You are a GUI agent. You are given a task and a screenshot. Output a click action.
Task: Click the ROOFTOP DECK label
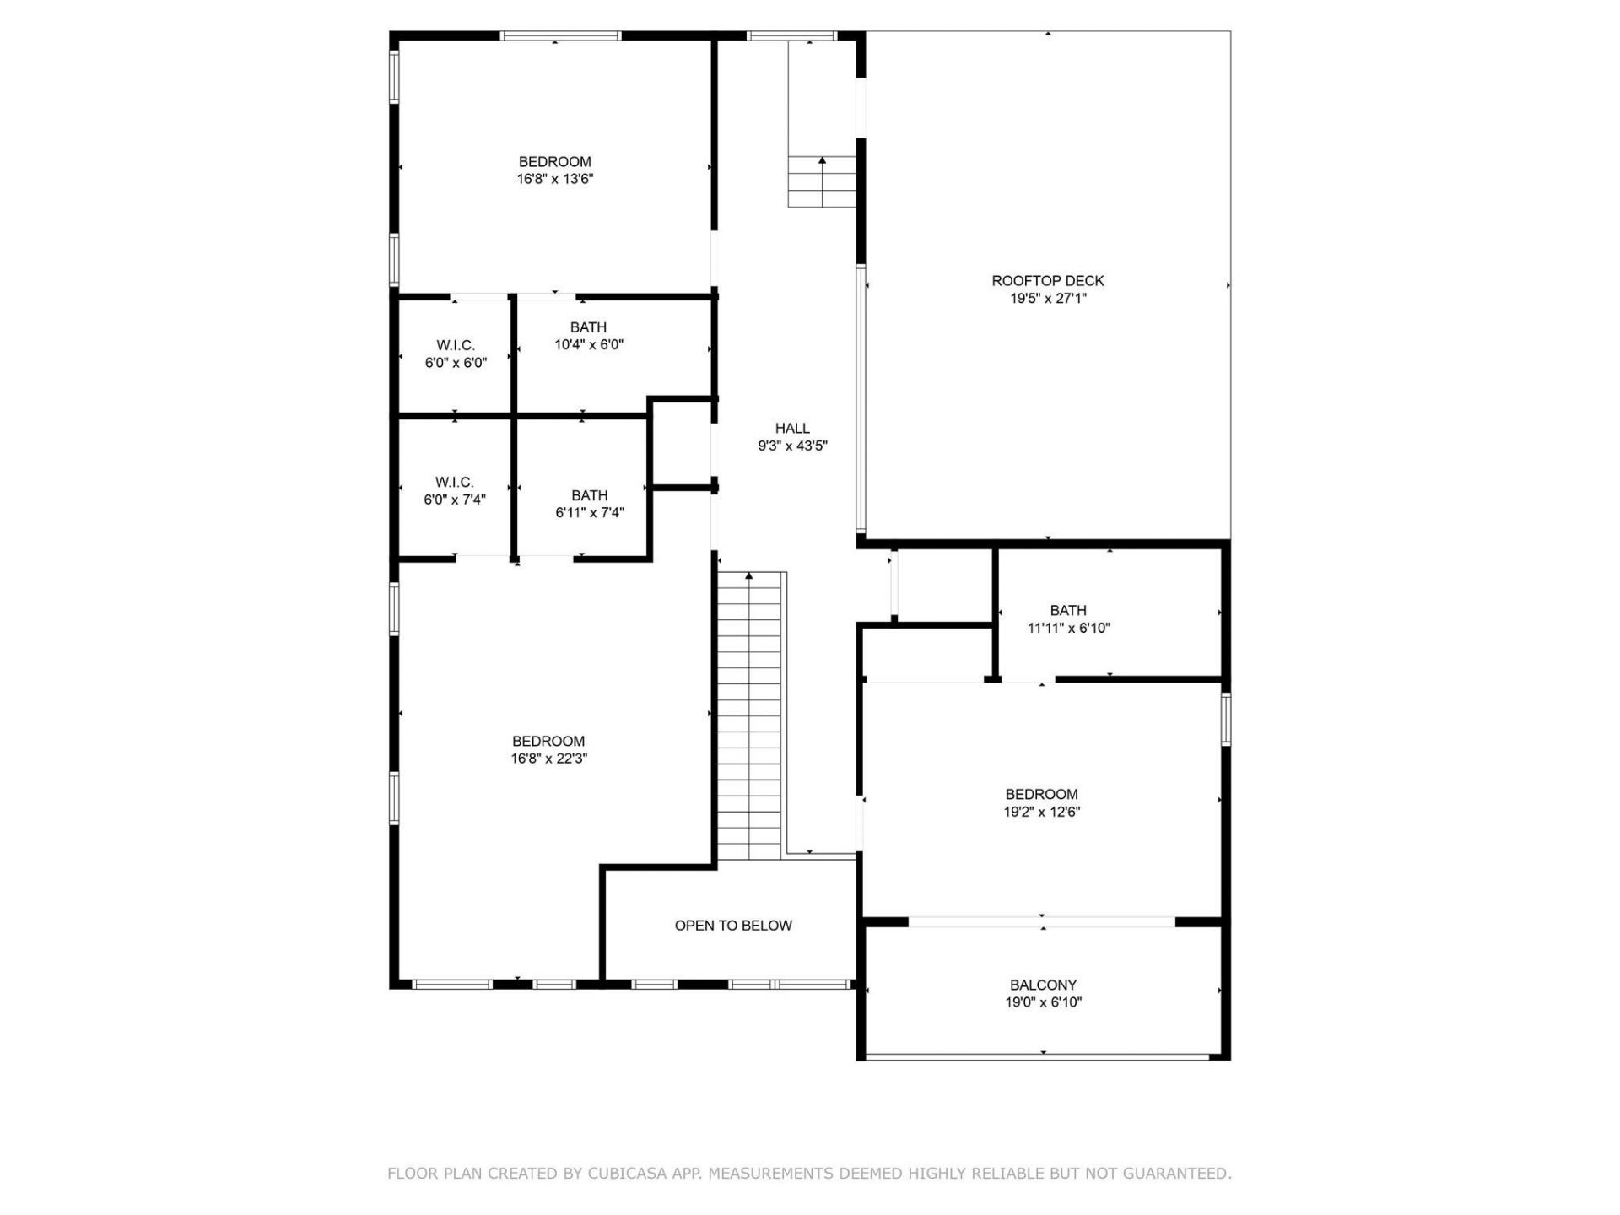click(x=1047, y=281)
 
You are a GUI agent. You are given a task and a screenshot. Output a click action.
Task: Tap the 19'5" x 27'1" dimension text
click(x=1047, y=299)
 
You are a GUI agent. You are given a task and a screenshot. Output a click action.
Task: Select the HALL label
click(x=792, y=429)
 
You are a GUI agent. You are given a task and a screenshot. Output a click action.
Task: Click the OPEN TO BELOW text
click(x=733, y=926)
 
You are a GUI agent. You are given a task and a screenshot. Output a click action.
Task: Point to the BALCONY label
click(x=1043, y=985)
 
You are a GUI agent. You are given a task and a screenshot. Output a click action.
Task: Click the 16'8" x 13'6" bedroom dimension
click(x=554, y=179)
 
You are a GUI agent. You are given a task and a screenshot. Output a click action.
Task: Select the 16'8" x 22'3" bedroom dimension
click(x=548, y=759)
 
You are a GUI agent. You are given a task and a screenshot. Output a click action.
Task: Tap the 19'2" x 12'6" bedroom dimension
click(x=1041, y=812)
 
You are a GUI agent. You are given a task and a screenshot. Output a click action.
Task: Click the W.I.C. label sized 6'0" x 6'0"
click(x=456, y=345)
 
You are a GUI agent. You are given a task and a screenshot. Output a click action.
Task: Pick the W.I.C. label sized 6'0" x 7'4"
click(x=454, y=482)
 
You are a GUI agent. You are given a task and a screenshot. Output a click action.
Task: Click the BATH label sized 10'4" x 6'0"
click(x=588, y=327)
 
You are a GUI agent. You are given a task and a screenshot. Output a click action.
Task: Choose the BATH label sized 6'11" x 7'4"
click(x=589, y=495)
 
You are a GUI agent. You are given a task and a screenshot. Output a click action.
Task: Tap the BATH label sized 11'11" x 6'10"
click(x=1068, y=610)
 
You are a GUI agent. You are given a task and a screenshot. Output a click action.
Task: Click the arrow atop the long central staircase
click(x=748, y=577)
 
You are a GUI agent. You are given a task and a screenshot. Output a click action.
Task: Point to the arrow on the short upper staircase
click(x=822, y=160)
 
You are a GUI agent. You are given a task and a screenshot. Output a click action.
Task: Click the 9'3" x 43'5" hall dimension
click(x=792, y=446)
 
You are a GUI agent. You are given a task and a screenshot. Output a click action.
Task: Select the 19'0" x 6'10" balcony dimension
click(x=1043, y=1002)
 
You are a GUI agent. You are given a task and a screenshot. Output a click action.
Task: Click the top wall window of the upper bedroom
click(x=559, y=36)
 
